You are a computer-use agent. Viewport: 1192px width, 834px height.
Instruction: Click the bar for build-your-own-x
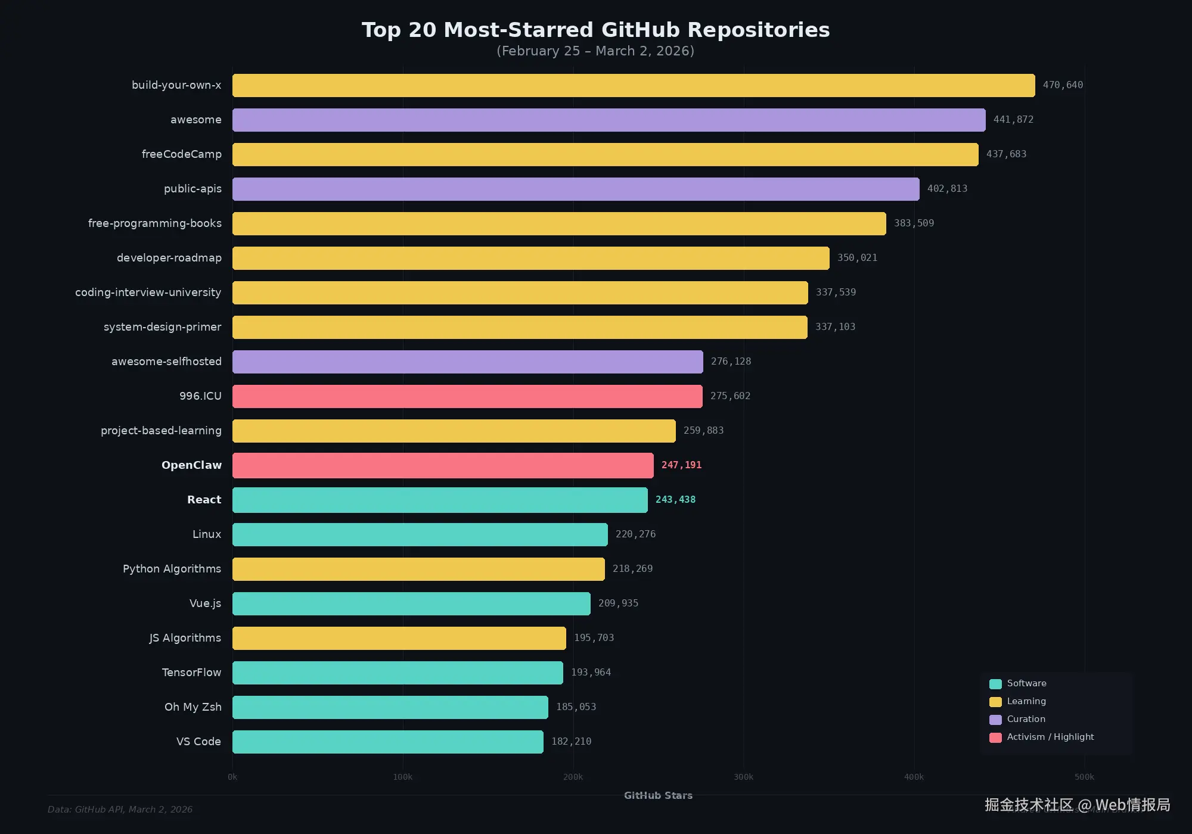coord(633,85)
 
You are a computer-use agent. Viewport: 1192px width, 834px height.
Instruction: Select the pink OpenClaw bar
coord(443,465)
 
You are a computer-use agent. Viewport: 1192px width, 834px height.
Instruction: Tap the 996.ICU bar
coord(467,396)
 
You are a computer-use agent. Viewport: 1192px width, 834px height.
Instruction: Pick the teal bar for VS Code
coord(387,742)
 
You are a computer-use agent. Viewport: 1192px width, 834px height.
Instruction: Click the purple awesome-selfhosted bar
coord(467,362)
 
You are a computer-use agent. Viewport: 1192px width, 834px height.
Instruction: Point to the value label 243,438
coord(675,500)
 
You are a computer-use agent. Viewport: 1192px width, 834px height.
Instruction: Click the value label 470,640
coord(1063,85)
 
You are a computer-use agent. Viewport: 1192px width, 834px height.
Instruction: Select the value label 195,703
coord(594,638)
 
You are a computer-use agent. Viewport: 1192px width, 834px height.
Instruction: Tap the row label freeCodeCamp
coord(181,154)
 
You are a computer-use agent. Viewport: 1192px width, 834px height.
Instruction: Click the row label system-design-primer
coord(162,327)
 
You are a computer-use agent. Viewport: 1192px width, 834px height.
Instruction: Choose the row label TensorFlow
coord(191,673)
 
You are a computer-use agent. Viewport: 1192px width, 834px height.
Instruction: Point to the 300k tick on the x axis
coord(743,777)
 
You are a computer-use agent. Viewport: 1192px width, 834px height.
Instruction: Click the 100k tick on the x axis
coord(402,777)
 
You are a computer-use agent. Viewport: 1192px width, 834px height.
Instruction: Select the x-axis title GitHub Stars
coord(658,795)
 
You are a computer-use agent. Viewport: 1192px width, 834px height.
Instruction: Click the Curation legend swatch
coord(995,720)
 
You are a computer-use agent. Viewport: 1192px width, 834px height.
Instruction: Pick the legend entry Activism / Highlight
coord(1050,737)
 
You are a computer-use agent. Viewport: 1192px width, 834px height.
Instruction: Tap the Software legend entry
coord(1026,683)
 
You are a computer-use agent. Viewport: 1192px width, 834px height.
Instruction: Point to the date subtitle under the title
coord(595,51)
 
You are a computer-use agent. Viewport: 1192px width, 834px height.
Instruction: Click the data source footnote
coord(120,810)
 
